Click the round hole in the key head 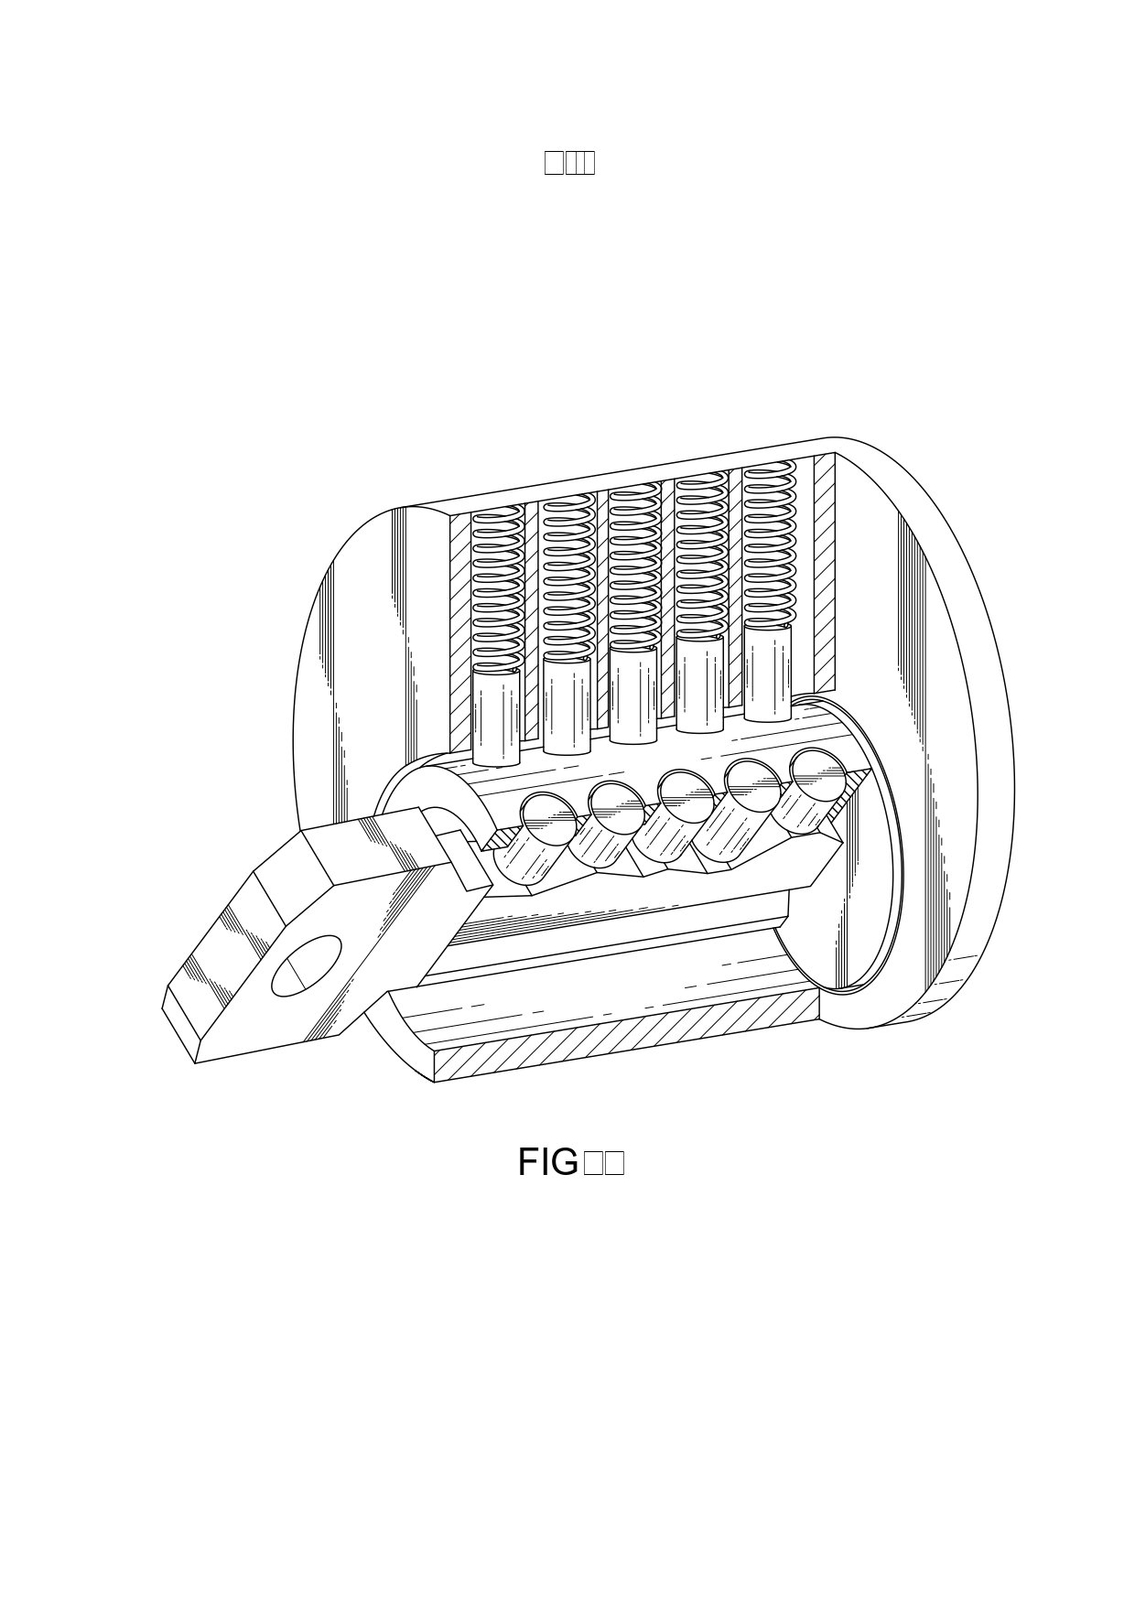307,965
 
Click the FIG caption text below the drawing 570,1162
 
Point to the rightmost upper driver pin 768,672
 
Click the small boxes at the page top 569,162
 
